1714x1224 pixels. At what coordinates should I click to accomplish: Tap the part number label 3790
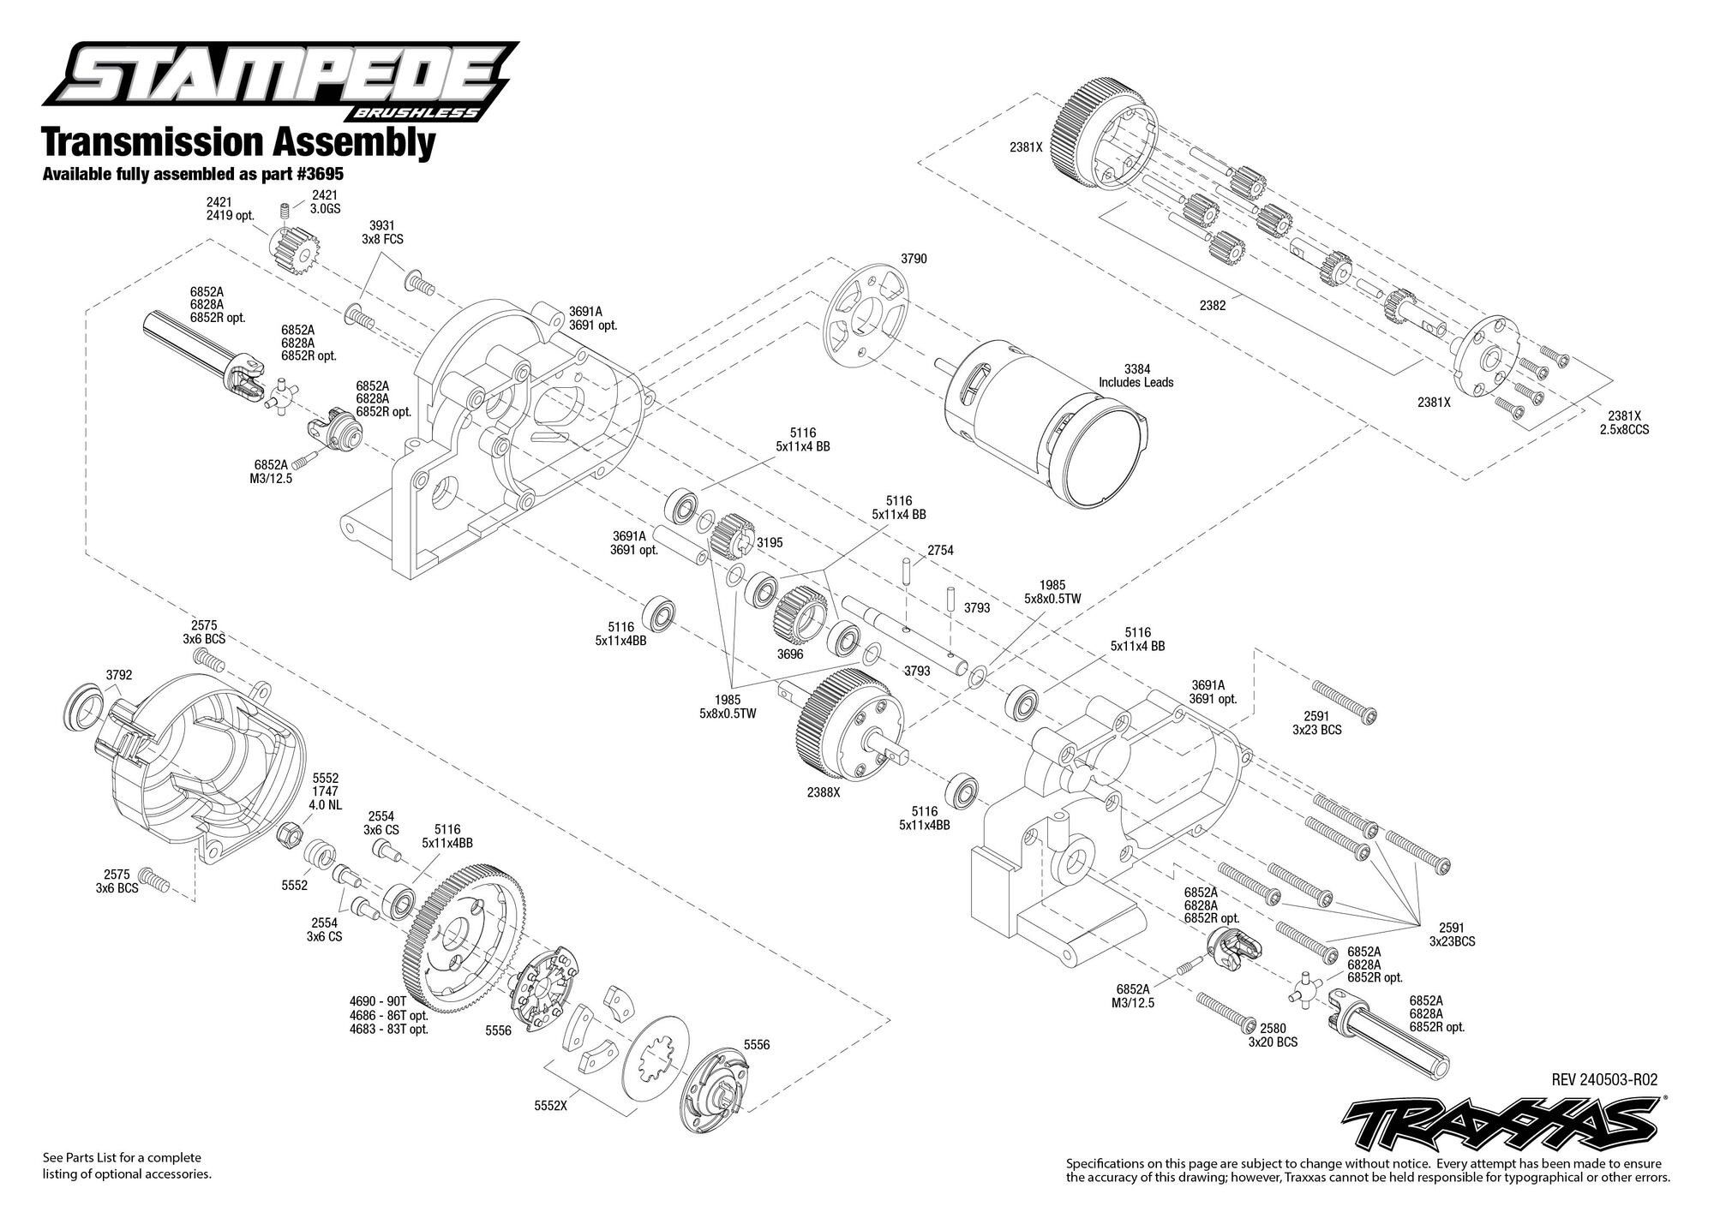(914, 259)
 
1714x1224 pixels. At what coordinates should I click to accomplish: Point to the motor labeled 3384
(1046, 423)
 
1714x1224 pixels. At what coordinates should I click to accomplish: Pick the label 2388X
(823, 792)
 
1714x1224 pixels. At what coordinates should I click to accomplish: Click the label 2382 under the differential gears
(1212, 305)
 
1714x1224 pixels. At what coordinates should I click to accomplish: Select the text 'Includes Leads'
(1136, 382)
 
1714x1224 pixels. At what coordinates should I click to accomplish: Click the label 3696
(789, 654)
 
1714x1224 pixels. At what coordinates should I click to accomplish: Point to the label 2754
(940, 550)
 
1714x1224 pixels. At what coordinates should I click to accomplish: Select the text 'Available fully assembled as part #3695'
(193, 174)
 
